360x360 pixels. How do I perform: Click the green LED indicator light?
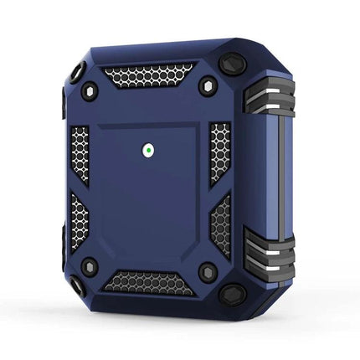(148, 152)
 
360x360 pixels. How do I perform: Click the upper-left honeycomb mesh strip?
(80, 154)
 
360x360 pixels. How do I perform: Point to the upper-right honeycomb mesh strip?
(219, 151)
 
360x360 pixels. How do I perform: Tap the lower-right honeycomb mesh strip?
(220, 220)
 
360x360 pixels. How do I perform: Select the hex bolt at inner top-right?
(206, 87)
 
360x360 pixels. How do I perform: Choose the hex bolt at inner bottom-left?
(90, 267)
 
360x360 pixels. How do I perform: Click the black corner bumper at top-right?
(233, 64)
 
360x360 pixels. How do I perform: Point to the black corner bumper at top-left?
(78, 73)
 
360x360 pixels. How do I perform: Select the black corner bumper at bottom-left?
(77, 285)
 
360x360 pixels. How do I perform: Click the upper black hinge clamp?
(270, 95)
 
